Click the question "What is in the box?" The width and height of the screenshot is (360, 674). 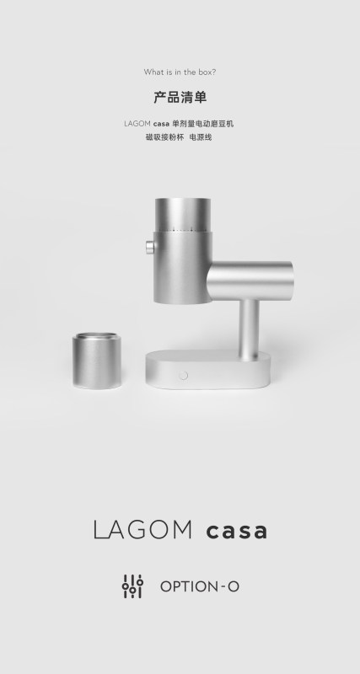coord(180,72)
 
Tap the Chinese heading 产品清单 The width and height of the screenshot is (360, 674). coord(180,97)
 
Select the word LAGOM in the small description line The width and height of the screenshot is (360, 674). coord(137,124)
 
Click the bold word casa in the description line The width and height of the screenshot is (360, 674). coord(161,124)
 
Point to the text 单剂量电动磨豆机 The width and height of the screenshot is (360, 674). coord(203,124)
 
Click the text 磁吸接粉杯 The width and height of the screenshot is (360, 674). coord(164,137)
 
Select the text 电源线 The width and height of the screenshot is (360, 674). coord(201,137)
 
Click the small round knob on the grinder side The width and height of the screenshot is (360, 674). coord(150,248)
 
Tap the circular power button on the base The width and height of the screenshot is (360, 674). coord(183,375)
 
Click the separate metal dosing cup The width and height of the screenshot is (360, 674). coord(96,361)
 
